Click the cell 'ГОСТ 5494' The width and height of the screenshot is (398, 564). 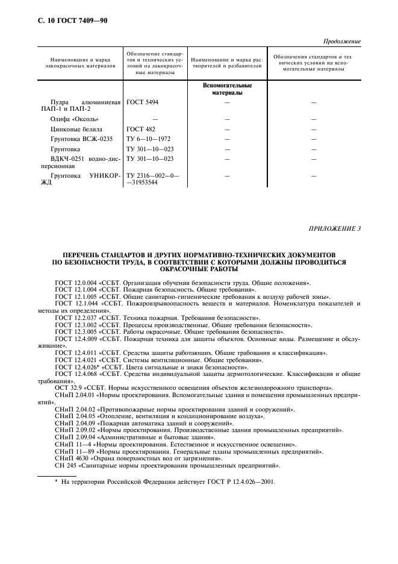pos(142,102)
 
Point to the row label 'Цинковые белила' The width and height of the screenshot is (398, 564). pos(76,129)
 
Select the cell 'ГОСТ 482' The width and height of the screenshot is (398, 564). pos(140,129)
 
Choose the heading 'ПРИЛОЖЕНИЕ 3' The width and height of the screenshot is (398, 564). pos(335,228)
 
